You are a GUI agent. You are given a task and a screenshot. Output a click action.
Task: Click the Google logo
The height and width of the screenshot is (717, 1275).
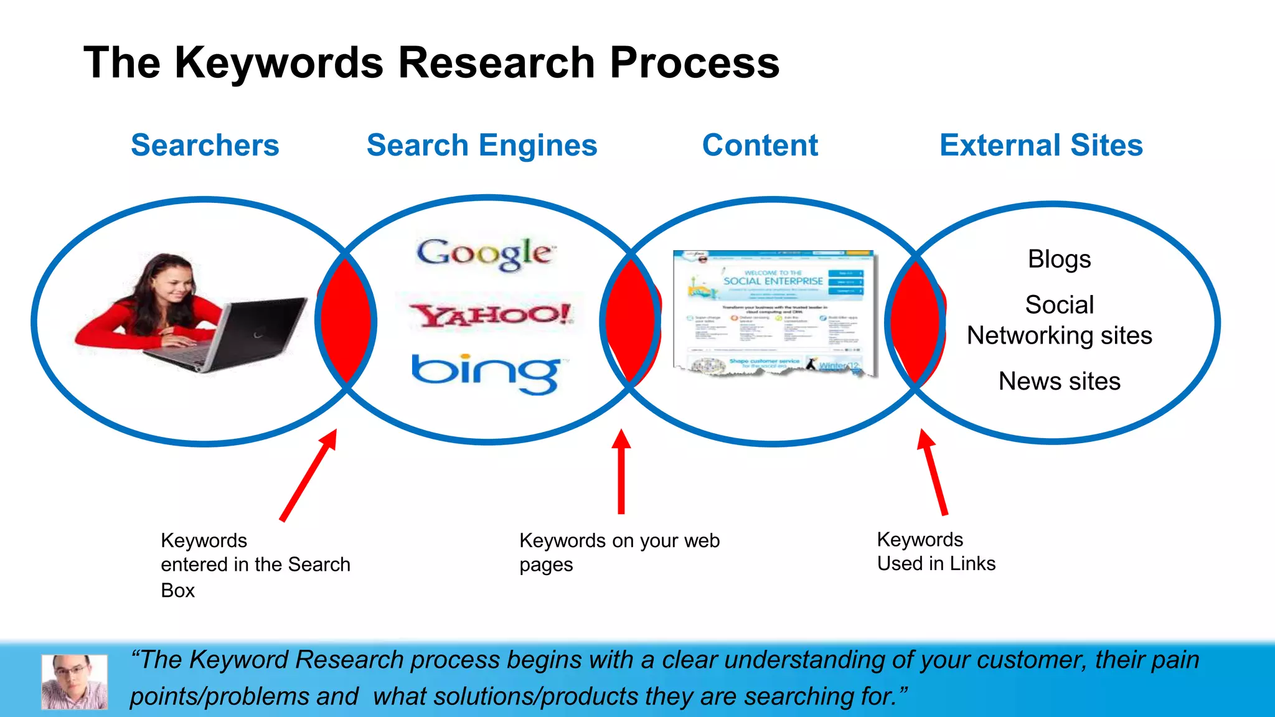pyautogui.click(x=486, y=254)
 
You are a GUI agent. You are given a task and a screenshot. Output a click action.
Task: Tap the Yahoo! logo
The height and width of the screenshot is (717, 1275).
pyautogui.click(x=491, y=315)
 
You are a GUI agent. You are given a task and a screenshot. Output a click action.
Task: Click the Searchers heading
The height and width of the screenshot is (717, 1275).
pyautogui.click(x=205, y=146)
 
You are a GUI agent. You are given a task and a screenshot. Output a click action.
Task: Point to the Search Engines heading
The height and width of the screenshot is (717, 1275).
pyautogui.click(x=482, y=146)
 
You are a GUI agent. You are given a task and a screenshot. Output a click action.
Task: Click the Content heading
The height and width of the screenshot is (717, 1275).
pyautogui.click(x=760, y=146)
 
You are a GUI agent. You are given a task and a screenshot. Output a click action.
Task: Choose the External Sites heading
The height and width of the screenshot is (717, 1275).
pyautogui.click(x=1041, y=146)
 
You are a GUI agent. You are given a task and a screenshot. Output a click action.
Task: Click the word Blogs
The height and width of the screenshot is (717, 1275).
pyautogui.click(x=1059, y=259)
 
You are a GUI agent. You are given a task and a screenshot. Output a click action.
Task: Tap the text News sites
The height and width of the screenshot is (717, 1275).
pyautogui.click(x=1059, y=381)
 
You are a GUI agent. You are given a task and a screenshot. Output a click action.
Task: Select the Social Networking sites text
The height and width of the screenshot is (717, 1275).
pyautogui.click(x=1059, y=321)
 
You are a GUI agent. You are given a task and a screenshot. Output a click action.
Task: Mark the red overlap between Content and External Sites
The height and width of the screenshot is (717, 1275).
pyautogui.click(x=916, y=321)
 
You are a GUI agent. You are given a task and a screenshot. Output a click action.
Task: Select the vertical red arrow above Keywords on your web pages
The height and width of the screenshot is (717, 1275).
pyautogui.click(x=621, y=473)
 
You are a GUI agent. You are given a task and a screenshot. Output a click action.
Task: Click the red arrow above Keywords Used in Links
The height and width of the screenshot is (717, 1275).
pyautogui.click(x=933, y=473)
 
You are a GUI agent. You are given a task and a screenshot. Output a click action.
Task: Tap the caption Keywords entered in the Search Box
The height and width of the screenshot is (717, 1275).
pyautogui.click(x=255, y=565)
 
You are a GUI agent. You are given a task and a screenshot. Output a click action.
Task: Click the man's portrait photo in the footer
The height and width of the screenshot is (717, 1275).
pyautogui.click(x=74, y=682)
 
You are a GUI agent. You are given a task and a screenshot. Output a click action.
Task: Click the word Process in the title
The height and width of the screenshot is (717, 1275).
pyautogui.click(x=694, y=63)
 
